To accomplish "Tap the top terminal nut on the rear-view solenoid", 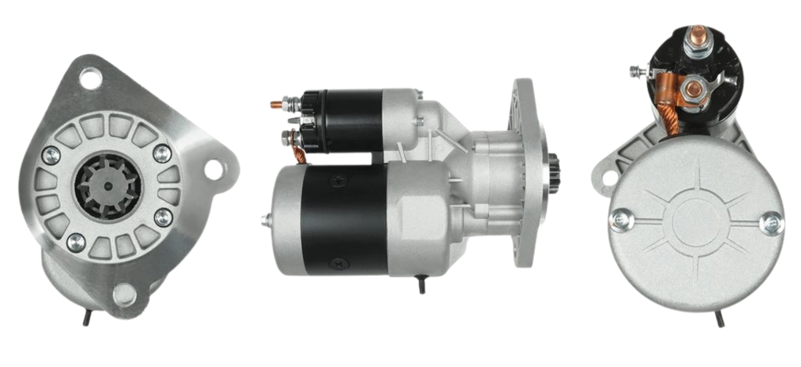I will pos(692,45).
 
